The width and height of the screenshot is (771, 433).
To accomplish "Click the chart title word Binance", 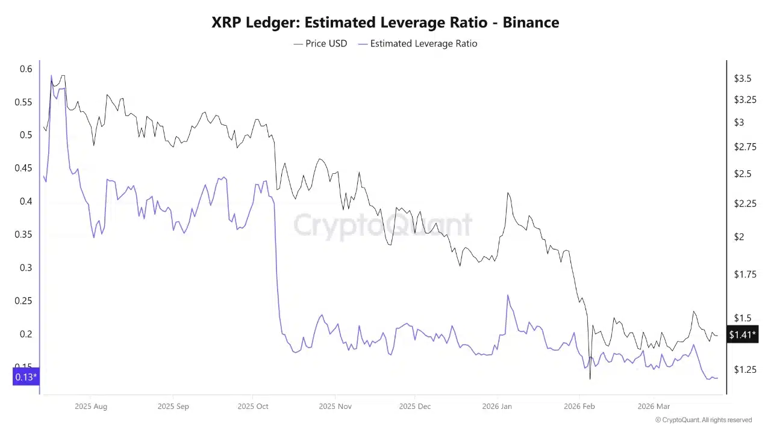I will tap(531, 23).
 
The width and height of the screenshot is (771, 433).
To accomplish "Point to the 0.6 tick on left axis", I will tap(26, 69).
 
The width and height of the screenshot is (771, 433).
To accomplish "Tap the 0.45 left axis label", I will tap(23, 168).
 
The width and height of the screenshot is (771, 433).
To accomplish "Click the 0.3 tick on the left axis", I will tap(26, 268).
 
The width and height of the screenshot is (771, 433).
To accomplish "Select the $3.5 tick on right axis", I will tap(743, 78).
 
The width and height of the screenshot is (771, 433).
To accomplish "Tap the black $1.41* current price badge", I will tap(742, 334).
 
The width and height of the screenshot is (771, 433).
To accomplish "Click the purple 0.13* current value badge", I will tap(26, 377).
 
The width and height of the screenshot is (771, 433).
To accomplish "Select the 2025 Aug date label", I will tap(91, 407).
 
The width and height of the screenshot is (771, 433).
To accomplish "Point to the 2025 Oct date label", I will tap(253, 407).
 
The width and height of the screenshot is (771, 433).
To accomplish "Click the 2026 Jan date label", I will tap(497, 407).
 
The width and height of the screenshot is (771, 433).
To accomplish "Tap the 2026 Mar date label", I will tap(654, 407).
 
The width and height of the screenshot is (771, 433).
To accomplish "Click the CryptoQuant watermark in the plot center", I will tap(383, 226).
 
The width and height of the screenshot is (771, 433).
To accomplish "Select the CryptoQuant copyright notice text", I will tap(703, 420).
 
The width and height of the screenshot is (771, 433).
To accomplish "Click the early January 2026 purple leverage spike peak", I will tap(508, 295).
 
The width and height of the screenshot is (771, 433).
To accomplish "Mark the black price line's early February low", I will tap(590, 379).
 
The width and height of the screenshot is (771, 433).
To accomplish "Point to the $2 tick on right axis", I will tap(738, 237).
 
